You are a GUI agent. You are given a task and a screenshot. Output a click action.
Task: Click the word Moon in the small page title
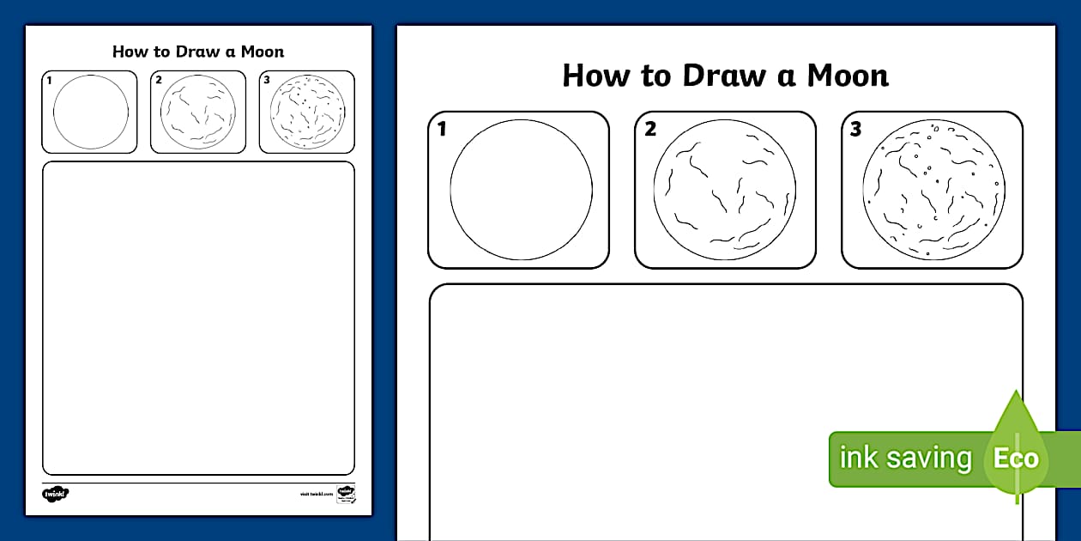[x=262, y=52]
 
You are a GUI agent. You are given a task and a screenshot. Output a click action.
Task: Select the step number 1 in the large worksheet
[x=442, y=130]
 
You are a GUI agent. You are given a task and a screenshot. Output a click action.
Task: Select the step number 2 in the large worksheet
[x=650, y=130]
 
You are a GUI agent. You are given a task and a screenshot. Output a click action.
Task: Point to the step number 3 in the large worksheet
[x=855, y=130]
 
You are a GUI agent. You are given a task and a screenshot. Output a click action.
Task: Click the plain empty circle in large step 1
[x=521, y=190]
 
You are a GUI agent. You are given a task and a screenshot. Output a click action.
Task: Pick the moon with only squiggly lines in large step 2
[x=725, y=190]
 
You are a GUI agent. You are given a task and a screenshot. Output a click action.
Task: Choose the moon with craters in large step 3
[x=933, y=190]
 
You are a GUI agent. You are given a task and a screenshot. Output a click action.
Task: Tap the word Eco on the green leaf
[x=1016, y=458]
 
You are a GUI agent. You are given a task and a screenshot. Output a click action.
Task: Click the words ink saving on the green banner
[x=904, y=458]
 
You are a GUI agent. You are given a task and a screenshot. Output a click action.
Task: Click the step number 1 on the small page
[x=50, y=81]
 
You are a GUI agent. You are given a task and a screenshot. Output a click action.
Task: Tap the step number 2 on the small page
[x=159, y=81]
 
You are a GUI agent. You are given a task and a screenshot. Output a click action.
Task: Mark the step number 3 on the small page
[x=267, y=81]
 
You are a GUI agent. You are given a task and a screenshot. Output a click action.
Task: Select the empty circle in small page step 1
[x=91, y=112]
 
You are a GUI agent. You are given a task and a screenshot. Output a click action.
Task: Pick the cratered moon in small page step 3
[x=307, y=112]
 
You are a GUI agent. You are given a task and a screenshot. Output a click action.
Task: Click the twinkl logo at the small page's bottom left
[x=55, y=494]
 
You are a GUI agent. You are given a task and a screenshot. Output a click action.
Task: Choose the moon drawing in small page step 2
[x=198, y=112]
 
